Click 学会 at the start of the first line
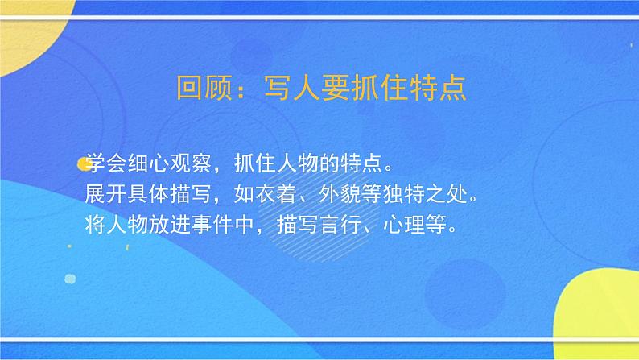coord(104,165)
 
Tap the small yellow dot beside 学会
coord(83,165)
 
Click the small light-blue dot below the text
coord(70,279)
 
